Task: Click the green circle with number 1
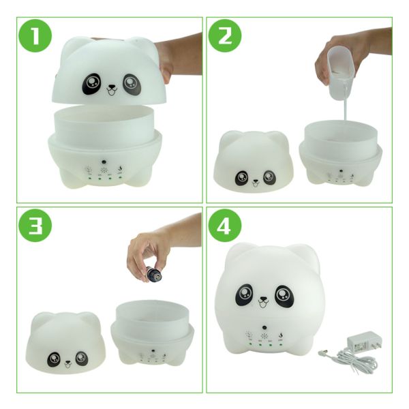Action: pos(35,35)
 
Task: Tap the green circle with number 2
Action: pos(225,35)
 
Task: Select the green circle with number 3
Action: pos(35,226)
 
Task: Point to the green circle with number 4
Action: pos(225,226)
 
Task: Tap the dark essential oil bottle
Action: pos(155,273)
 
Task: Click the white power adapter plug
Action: pos(365,342)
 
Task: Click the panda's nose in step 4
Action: pos(263,299)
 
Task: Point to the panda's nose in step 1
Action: pos(112,87)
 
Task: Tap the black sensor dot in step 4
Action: pos(264,327)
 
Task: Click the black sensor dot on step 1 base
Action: pos(104,162)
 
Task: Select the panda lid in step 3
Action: pos(65,342)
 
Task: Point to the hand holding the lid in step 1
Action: pos(180,57)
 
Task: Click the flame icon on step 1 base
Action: pos(120,168)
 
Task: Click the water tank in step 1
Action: pos(106,125)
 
